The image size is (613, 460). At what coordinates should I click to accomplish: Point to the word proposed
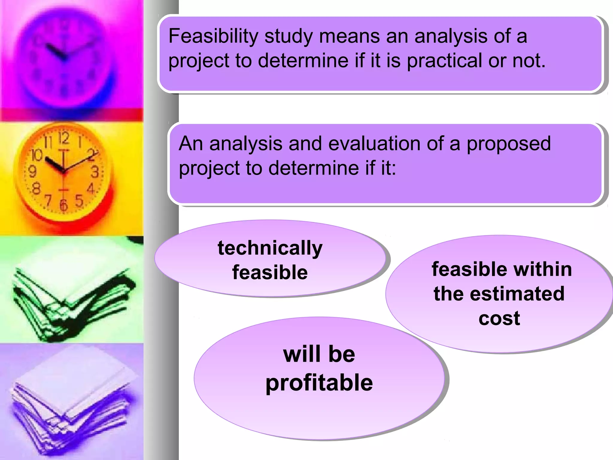[x=509, y=144]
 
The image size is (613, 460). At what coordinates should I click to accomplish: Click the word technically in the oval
[x=270, y=248]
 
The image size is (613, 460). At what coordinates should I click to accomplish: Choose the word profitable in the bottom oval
[x=319, y=383]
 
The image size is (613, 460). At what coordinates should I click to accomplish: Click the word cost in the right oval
[x=499, y=318]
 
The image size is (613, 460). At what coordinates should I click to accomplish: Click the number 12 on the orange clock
[x=64, y=138]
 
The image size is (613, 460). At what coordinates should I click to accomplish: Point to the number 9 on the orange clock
[x=32, y=172]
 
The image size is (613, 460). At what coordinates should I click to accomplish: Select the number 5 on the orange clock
[x=79, y=201]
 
